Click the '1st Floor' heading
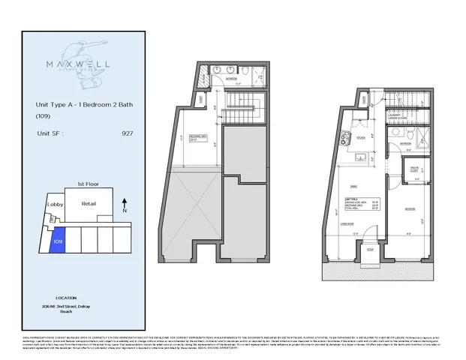(89, 182)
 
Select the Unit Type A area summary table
(355, 200)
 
